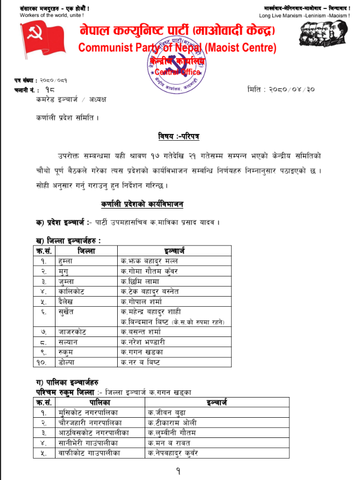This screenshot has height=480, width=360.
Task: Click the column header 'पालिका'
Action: [98, 402]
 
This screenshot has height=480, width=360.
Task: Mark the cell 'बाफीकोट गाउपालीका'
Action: [90, 453]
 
